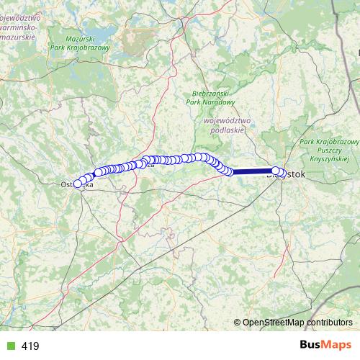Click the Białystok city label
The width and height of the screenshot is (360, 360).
pyautogui.click(x=288, y=174)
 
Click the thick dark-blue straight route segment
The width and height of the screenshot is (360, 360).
pyautogui.click(x=252, y=171)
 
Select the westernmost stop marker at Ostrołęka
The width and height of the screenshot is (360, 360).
pyautogui.click(x=78, y=184)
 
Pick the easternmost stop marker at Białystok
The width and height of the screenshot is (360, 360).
pyautogui.click(x=276, y=171)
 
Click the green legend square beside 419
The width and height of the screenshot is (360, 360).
pyautogui.click(x=9, y=346)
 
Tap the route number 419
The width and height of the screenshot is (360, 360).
pyautogui.click(x=30, y=346)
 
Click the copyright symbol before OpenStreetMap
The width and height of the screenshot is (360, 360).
pyautogui.click(x=238, y=322)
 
